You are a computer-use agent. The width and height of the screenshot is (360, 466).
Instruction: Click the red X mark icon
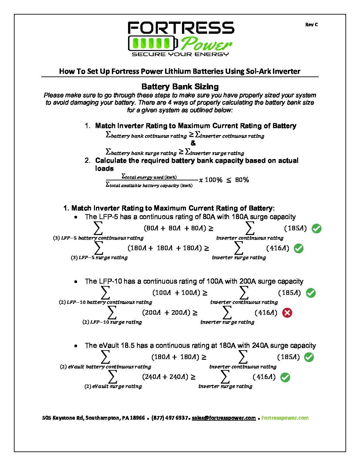pyautogui.click(x=287, y=313)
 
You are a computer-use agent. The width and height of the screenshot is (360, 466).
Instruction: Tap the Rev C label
pyautogui.click(x=311, y=24)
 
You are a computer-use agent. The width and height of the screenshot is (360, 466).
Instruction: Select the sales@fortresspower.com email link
pyautogui.click(x=224, y=418)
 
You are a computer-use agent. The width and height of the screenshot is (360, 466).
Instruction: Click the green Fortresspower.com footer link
pyautogui.click(x=285, y=418)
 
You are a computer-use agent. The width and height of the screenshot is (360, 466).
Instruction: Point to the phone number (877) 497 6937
pyautogui.click(x=169, y=418)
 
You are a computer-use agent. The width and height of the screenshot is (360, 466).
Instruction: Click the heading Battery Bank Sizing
pyautogui.click(x=180, y=87)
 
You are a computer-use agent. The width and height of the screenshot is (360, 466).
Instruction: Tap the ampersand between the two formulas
pyautogui.click(x=193, y=143)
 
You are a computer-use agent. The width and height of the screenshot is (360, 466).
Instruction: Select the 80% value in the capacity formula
pyautogui.click(x=242, y=180)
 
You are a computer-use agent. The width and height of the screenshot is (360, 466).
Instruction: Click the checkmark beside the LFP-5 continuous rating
pyautogui.click(x=317, y=228)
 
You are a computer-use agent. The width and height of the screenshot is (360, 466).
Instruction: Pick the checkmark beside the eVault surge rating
pyautogui.click(x=285, y=377)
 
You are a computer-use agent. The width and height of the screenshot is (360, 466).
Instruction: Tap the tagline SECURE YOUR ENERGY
pyautogui.click(x=180, y=54)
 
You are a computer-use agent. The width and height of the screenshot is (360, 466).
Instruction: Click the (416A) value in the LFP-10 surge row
pyautogui.click(x=266, y=312)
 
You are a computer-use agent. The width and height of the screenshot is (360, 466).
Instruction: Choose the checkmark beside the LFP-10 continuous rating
pyautogui.click(x=311, y=293)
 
